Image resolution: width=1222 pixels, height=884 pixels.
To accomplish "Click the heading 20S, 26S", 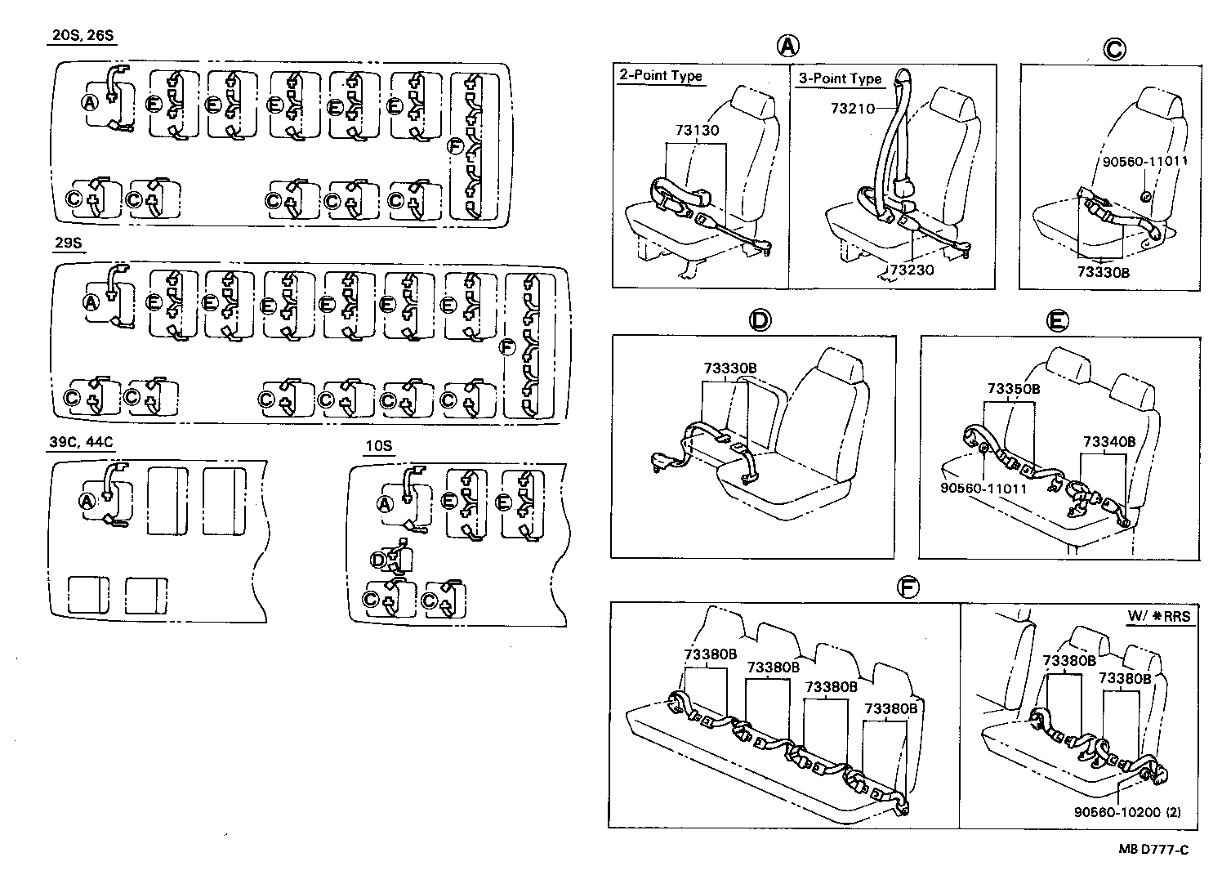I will point(81,36).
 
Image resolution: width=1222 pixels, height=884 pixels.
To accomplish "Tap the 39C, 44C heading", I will point(81,443).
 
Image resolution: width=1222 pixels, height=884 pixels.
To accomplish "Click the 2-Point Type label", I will point(660,75).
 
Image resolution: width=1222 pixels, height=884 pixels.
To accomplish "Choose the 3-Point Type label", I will point(841,78).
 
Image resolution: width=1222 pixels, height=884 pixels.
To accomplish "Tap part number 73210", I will point(853,108).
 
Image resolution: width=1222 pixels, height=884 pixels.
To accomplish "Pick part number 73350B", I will point(1013,389).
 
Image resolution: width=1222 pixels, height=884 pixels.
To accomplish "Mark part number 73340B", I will point(1108,442).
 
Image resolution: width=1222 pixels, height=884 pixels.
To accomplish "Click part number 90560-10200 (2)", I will point(1126,812).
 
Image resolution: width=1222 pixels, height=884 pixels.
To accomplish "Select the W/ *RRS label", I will point(1158,617).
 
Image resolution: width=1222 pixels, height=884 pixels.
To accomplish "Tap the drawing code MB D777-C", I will point(1153,850).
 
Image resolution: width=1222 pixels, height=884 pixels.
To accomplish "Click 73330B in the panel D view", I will point(729,368).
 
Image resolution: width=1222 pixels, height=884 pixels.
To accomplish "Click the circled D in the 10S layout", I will point(378,560).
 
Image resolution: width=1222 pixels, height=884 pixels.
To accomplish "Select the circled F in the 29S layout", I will point(507,349).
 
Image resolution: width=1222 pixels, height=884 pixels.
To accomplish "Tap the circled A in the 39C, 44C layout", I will point(87,501).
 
